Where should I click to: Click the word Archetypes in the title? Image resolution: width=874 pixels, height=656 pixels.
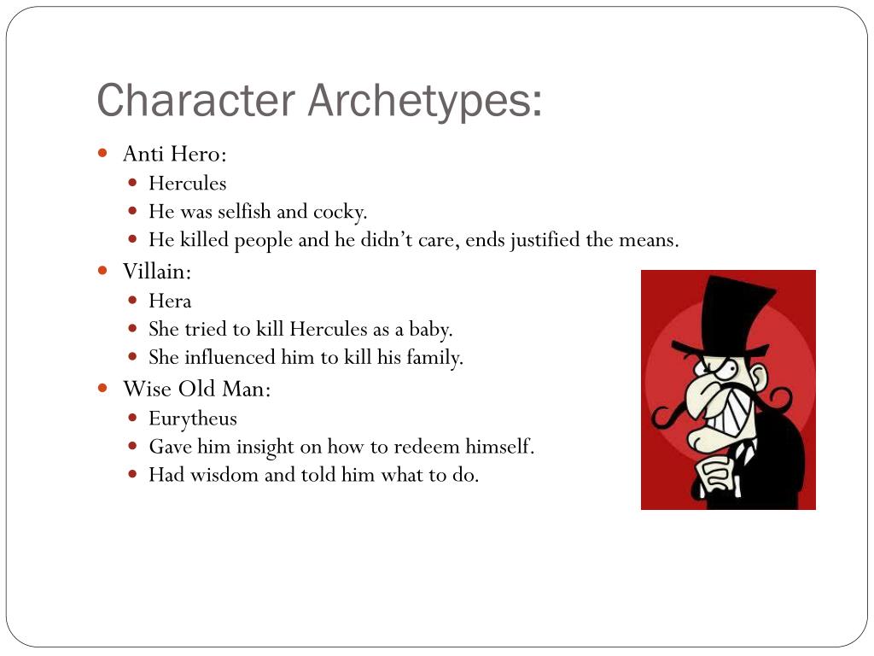424,100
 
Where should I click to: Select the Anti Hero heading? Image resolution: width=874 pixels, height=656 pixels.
175,154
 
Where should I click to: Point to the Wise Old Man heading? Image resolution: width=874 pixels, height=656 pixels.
197,389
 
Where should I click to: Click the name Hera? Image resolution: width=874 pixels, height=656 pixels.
170,301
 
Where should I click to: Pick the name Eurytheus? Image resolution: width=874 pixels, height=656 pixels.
193,419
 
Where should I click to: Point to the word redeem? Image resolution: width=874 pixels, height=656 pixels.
424,447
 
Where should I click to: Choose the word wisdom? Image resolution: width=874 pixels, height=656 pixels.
224,475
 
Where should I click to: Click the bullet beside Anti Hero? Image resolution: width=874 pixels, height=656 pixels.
103,154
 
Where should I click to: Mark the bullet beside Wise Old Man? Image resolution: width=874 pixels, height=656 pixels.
103,389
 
